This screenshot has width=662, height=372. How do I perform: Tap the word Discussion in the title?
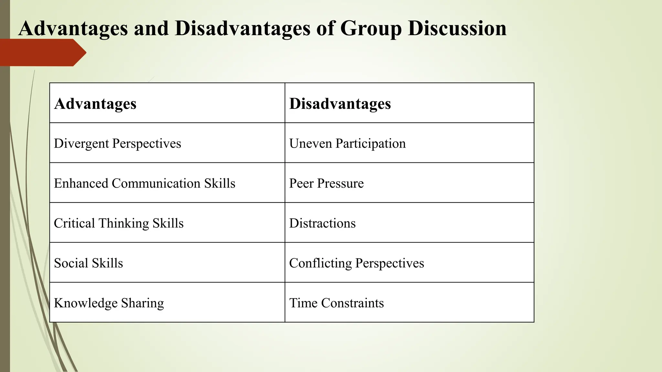pos(457,28)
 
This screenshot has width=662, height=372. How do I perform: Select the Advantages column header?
pos(95,104)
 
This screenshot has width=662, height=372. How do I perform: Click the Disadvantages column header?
pos(340,104)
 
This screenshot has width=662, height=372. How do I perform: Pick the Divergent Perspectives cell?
pos(117,143)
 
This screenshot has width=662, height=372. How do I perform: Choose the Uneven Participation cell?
pos(347,143)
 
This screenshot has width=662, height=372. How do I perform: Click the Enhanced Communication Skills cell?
pos(144,183)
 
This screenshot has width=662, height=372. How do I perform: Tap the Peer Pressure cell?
pos(326,183)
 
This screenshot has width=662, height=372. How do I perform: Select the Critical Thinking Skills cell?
pos(119,223)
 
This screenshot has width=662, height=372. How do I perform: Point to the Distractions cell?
pos(322,223)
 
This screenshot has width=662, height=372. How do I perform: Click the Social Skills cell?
pos(88,263)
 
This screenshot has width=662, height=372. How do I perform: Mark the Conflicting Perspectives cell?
pos(356,263)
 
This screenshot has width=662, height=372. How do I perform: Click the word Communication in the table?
pos(156,183)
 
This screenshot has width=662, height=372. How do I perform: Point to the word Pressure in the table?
pos(340,183)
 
